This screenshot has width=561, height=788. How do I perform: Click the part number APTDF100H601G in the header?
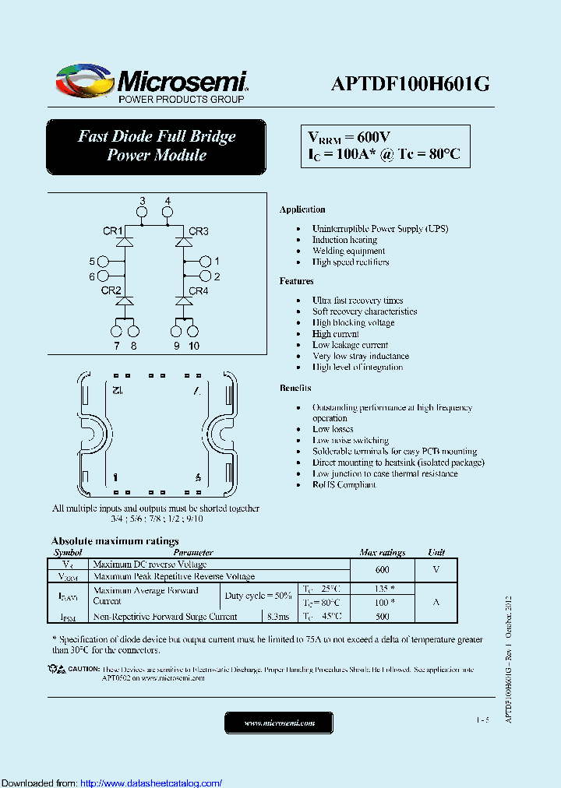point(410,85)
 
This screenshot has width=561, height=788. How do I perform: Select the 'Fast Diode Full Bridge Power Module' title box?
point(156,146)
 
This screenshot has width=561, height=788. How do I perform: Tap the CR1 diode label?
point(113,230)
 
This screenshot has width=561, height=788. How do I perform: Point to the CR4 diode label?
point(199,290)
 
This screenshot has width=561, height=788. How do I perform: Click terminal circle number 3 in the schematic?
point(142,212)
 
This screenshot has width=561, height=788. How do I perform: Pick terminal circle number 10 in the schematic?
point(193,331)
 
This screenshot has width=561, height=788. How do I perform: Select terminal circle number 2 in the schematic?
point(206,276)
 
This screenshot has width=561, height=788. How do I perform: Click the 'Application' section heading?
point(302,209)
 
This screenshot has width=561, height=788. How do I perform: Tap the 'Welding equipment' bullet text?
point(348,251)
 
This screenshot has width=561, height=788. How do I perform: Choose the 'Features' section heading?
point(296,281)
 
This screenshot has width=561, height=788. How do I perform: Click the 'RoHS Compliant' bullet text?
point(344,484)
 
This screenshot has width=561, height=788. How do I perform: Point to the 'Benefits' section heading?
point(295,388)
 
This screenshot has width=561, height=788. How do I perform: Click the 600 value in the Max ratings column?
point(382,569)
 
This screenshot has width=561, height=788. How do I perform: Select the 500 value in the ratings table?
point(382,616)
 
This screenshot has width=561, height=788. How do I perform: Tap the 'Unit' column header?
point(436,552)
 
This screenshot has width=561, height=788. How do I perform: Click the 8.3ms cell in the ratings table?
point(278,616)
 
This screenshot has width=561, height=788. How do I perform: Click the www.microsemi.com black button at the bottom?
point(279,723)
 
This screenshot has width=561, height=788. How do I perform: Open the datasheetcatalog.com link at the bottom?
point(151,783)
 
